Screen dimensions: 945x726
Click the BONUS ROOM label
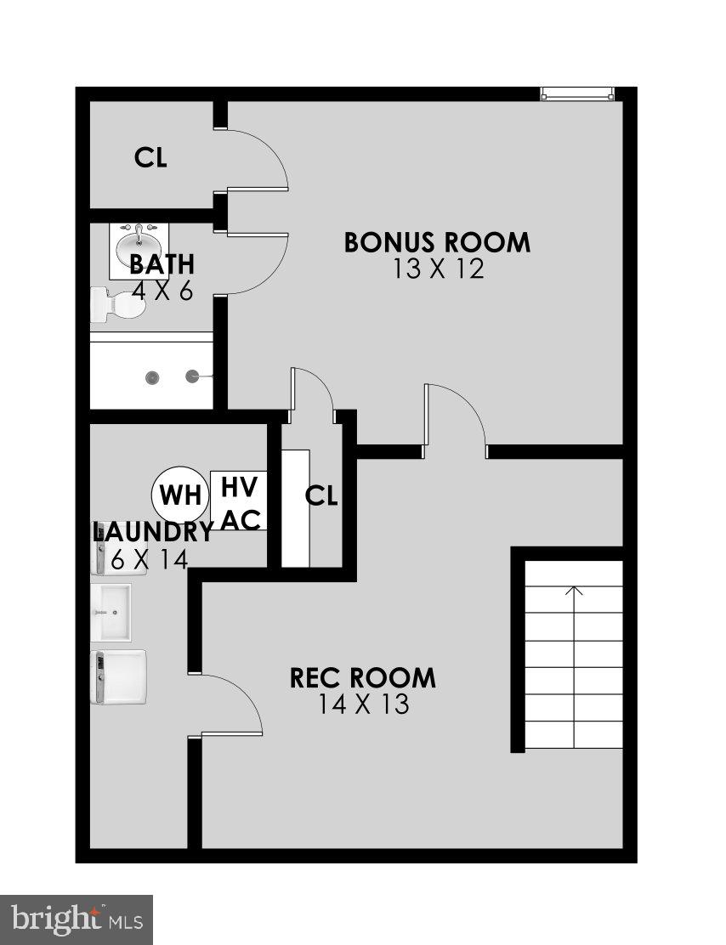click(437, 242)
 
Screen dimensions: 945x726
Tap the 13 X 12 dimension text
click(438, 269)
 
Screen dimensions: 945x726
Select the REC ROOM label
click(363, 678)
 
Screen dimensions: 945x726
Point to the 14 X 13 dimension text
click(364, 705)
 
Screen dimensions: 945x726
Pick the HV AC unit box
click(240, 502)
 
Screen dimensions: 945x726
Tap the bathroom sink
click(138, 246)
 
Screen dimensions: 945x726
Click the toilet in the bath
click(115, 303)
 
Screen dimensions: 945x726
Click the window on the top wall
click(576, 94)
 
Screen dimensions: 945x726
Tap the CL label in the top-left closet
click(150, 157)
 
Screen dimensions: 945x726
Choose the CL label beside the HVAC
click(321, 496)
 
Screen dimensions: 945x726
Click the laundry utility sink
click(112, 610)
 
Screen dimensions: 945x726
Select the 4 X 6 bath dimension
click(162, 290)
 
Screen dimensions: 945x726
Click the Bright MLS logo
click(77, 920)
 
